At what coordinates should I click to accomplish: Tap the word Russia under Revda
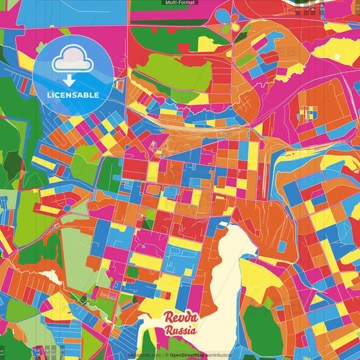pyautogui.click(x=180, y=331)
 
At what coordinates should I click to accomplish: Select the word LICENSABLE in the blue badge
pyautogui.click(x=73, y=95)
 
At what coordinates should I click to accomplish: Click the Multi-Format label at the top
pyautogui.click(x=180, y=3)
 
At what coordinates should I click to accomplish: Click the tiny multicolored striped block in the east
pyautogui.click(x=307, y=115)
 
